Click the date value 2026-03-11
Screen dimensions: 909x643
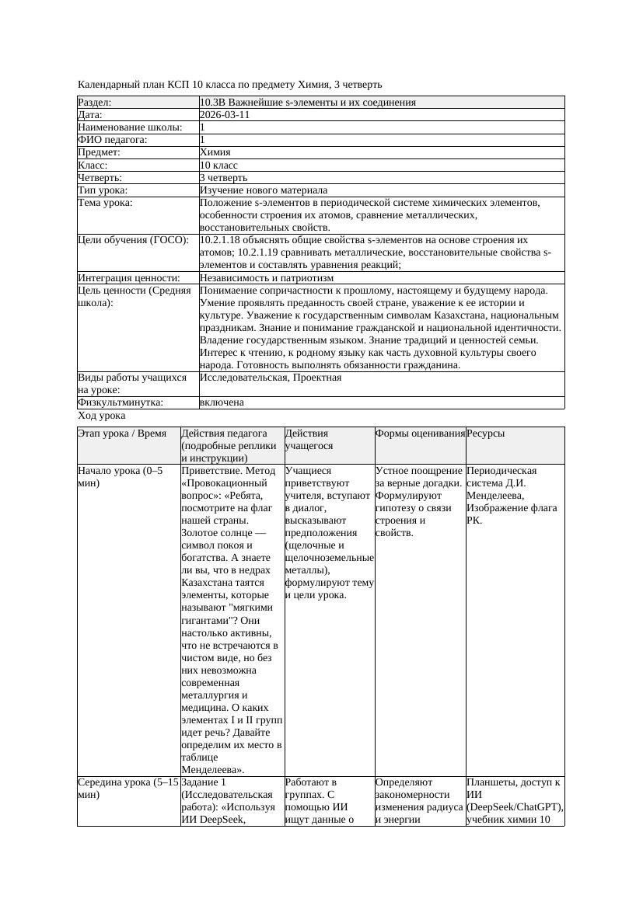coord(225,115)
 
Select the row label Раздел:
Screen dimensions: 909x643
coord(95,103)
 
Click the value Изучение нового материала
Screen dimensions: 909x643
coord(264,190)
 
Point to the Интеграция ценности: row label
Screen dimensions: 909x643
coord(128,277)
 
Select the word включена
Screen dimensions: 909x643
coord(222,402)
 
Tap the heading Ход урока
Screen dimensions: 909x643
coord(102,416)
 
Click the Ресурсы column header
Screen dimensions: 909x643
coord(486,434)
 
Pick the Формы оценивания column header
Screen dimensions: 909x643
coord(420,434)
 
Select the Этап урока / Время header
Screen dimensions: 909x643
coord(122,434)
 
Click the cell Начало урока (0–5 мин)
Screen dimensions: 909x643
coord(121,477)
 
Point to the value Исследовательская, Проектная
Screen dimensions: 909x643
coord(271,378)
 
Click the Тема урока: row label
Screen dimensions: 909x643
coord(106,203)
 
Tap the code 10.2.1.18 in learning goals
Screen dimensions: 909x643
coord(223,240)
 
